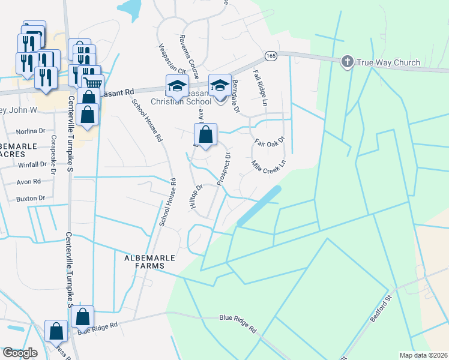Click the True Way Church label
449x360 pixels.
pyautogui.click(x=382, y=62)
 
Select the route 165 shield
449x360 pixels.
pyautogui.click(x=270, y=56)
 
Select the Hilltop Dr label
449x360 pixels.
pyautogui.click(x=196, y=196)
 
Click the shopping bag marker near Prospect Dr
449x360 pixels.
pyautogui.click(x=205, y=135)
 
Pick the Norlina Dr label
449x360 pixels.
pyautogui.click(x=31, y=131)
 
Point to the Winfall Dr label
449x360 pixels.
pyautogui.click(x=32, y=164)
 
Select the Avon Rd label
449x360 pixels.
pyautogui.click(x=29, y=181)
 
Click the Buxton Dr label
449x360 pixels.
pyautogui.click(x=30, y=198)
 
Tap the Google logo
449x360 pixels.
pyautogui.click(x=20, y=353)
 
